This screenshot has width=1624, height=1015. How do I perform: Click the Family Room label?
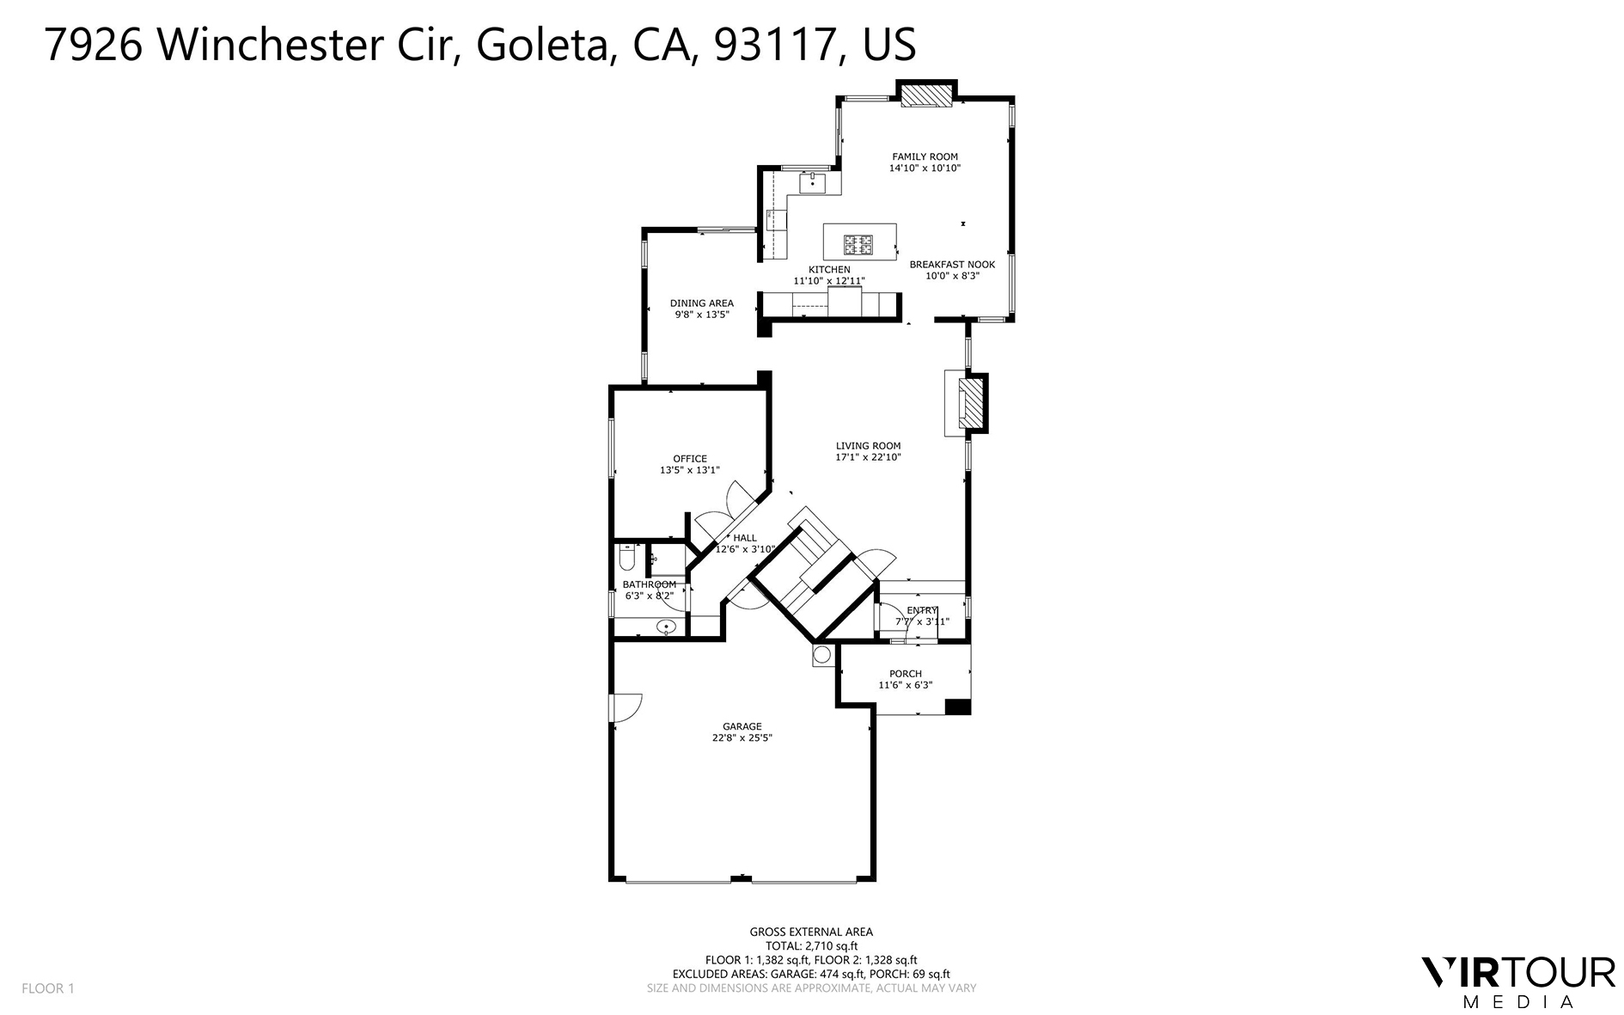pos(925,156)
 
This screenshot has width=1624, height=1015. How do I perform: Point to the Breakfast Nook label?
pos(952,265)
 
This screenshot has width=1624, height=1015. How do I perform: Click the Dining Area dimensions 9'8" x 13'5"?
pos(702,315)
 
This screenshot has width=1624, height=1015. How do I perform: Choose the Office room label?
pos(690,459)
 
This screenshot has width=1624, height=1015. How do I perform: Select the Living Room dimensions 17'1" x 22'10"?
pos(868,457)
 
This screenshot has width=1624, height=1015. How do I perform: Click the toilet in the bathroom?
pos(626,559)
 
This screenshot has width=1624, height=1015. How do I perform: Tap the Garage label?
pos(742,726)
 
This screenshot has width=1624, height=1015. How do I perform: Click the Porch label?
pos(906,674)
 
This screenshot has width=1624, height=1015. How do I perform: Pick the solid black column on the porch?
pos(957,706)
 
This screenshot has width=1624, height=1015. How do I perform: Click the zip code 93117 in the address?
pos(777,45)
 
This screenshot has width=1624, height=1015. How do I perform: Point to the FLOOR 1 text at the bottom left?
pos(48,988)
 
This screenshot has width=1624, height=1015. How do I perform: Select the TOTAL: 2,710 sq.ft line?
pos(811,945)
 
